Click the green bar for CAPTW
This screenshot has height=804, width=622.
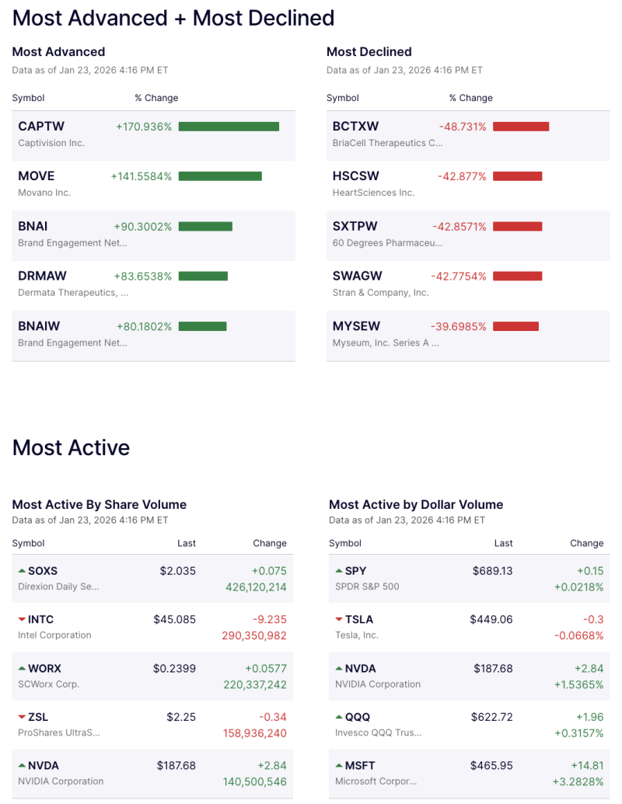229,127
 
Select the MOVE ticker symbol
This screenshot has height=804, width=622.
37,176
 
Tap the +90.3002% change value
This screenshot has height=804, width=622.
143,226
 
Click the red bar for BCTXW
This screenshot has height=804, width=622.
521,127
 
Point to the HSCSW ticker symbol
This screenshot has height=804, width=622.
356,176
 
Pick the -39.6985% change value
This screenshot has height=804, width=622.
459,326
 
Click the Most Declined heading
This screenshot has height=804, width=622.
369,52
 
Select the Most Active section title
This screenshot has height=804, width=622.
71,447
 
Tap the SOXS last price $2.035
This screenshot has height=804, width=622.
178,571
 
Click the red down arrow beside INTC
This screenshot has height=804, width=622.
22,619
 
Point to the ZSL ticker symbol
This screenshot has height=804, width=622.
38,717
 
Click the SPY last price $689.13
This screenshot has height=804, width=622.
493,571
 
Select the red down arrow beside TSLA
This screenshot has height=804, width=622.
339,619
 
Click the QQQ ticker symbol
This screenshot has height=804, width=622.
358,717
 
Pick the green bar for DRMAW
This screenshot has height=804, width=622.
203,277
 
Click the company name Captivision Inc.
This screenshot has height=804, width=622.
51,143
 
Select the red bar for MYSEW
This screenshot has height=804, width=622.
515,326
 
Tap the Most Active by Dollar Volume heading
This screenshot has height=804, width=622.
416,505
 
